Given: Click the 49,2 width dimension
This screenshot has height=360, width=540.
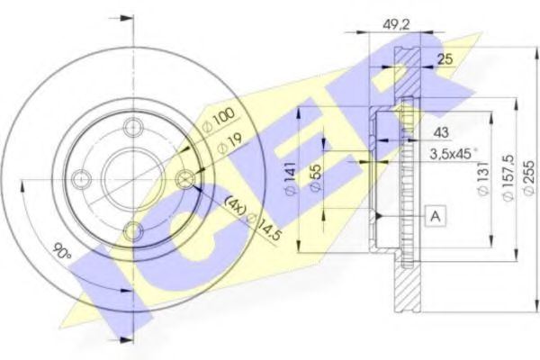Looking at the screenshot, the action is coord(396,24).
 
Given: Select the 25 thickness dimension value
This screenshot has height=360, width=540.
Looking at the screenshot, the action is coord(445,59).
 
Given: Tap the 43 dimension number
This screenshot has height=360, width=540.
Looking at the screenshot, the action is coord(441,132).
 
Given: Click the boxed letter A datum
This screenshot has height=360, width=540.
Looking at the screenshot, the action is coord(436,216).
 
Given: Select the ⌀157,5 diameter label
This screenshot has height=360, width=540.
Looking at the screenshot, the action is coord(508,177).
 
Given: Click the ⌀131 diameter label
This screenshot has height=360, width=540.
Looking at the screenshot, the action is coord(483,178).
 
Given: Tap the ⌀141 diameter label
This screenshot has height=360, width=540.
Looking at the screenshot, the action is coord(290,178).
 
